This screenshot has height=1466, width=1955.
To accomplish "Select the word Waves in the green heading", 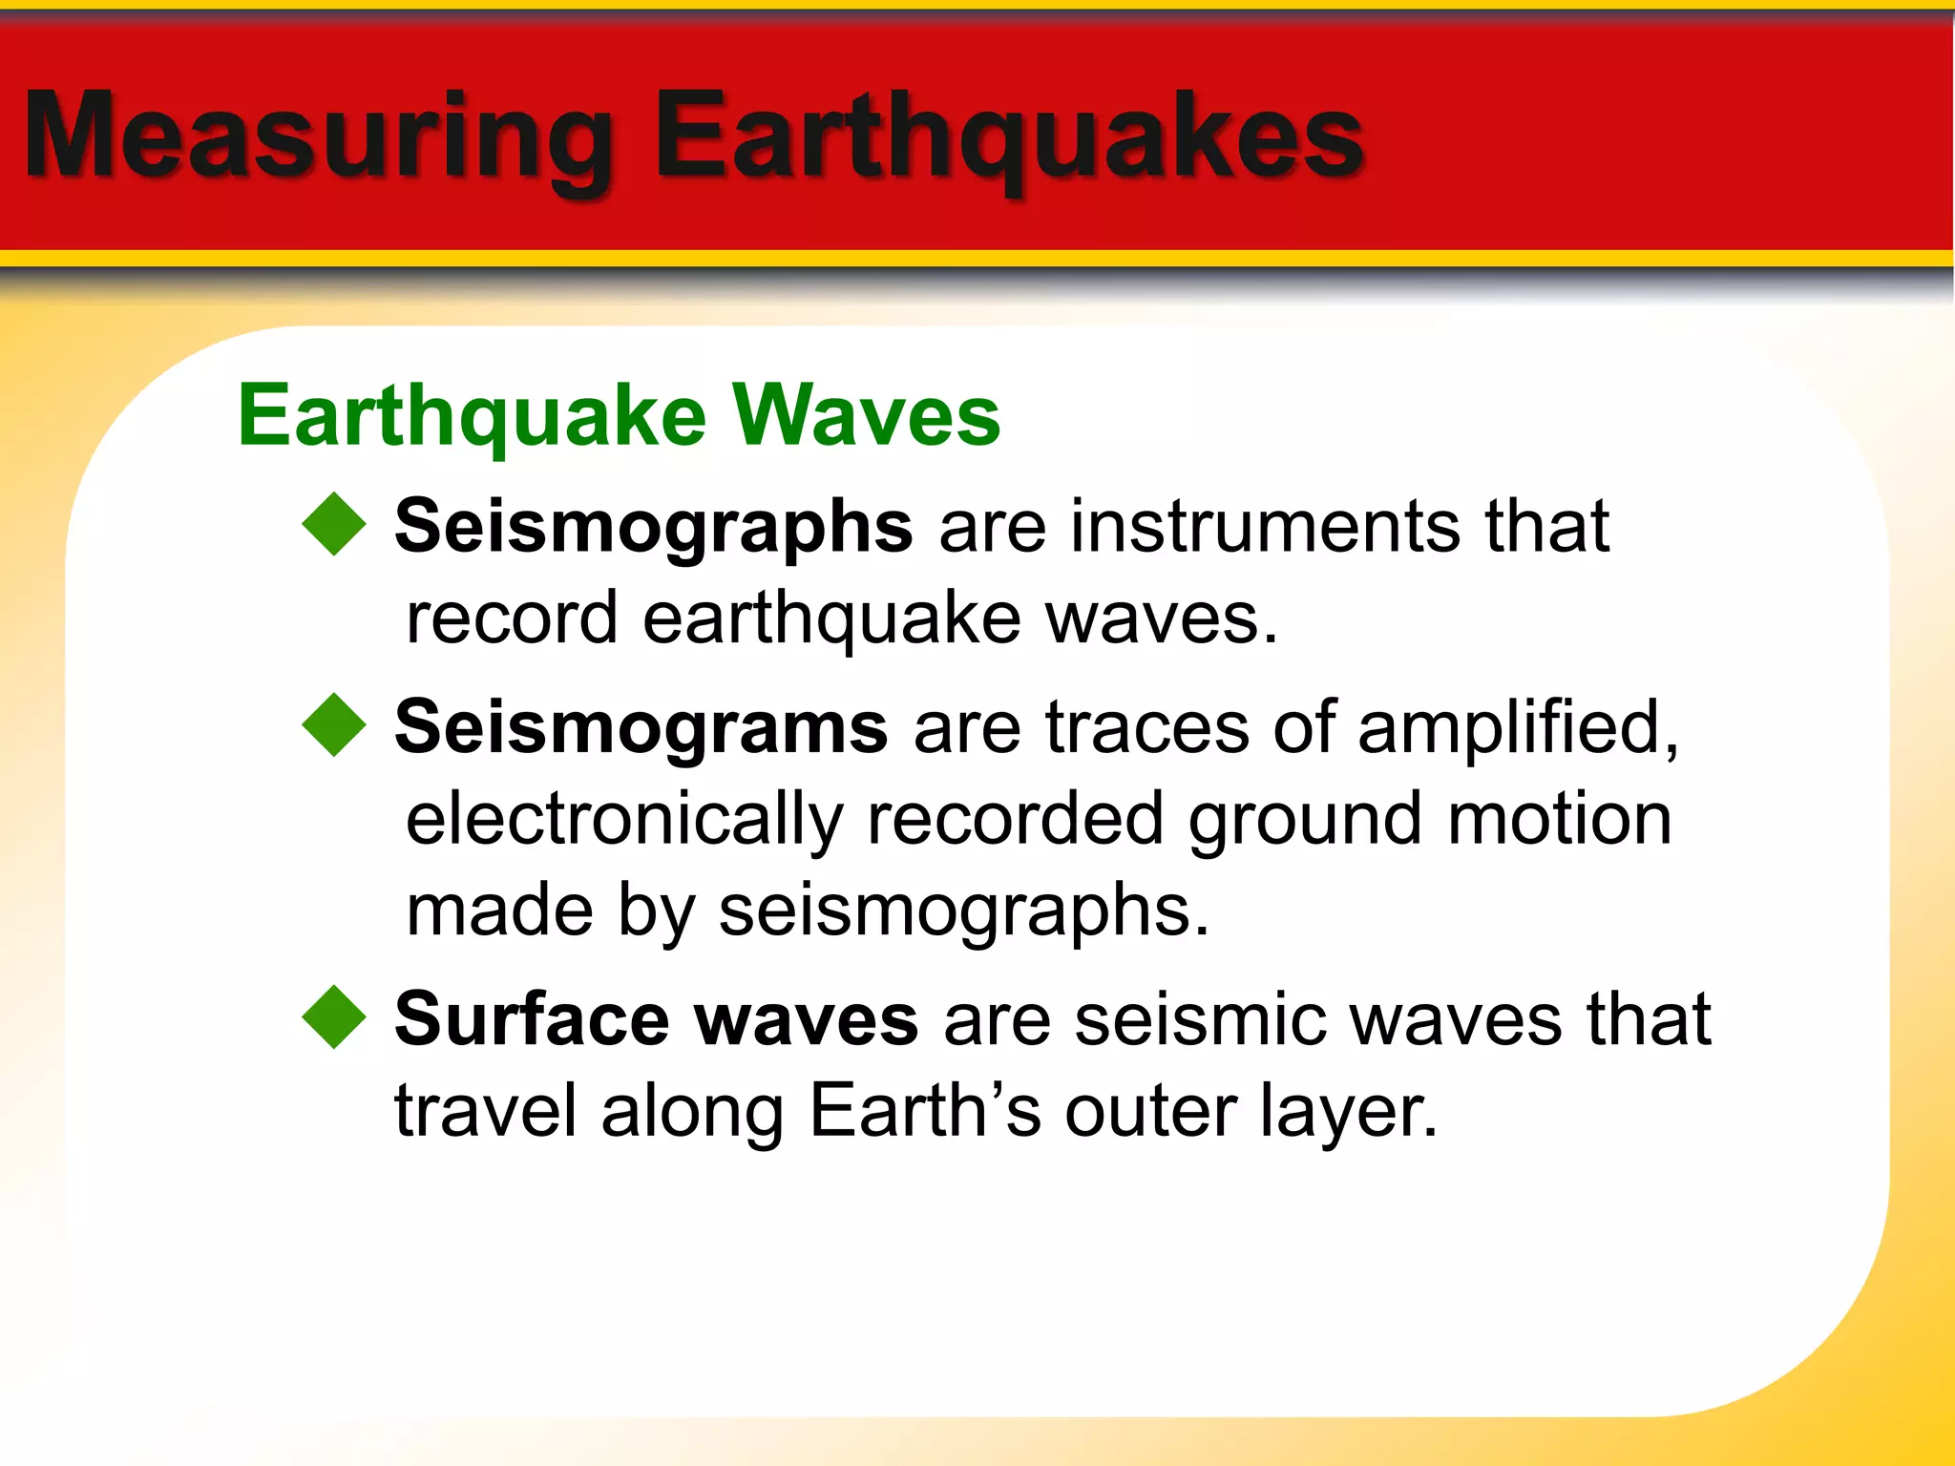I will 866,416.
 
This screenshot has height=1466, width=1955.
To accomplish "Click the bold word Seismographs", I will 654,527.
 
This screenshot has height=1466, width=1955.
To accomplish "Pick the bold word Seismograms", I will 641,727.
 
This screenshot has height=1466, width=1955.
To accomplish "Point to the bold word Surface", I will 532,1019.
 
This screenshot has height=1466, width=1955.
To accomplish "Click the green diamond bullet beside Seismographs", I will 334,523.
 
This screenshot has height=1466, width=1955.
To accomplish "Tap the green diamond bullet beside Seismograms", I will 334,724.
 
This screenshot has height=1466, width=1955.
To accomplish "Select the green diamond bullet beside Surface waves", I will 334,1016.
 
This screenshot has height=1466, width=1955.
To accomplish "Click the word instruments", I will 1266,527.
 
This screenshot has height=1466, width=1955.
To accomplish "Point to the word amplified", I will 1518,727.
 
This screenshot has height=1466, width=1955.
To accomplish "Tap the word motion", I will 1559,819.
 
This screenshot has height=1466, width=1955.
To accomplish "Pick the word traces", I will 1147,727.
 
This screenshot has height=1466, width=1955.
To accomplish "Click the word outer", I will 1149,1111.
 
